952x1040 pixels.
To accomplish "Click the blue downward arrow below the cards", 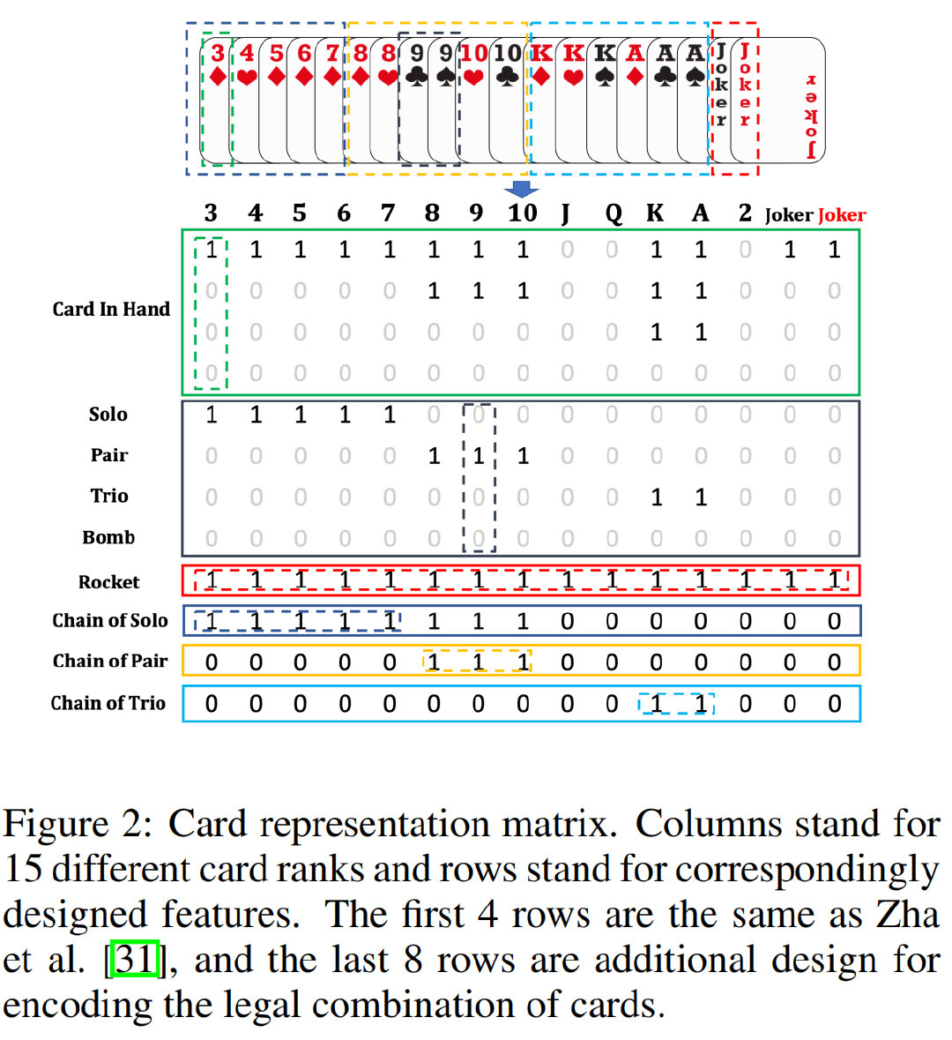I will point(522,189).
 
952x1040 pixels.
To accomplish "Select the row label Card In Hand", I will point(111,309).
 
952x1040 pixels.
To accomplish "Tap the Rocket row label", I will point(108,582).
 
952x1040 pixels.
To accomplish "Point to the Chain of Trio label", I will point(108,703).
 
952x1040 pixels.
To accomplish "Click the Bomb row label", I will point(108,537).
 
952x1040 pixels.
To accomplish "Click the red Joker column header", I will point(842,215).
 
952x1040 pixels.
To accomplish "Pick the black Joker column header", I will point(788,215).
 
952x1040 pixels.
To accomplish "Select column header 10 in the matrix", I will point(522,213).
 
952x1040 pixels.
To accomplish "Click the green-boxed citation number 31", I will point(135,959).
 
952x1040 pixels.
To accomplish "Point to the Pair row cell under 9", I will point(478,456).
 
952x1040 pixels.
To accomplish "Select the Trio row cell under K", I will point(656,498).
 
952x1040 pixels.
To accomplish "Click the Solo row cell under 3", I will point(211,415).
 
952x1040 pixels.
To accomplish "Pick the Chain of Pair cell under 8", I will point(433,662).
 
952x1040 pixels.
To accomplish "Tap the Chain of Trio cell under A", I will point(700,704).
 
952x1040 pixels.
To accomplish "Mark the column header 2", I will point(745,213).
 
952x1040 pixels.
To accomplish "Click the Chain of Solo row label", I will point(110,621).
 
